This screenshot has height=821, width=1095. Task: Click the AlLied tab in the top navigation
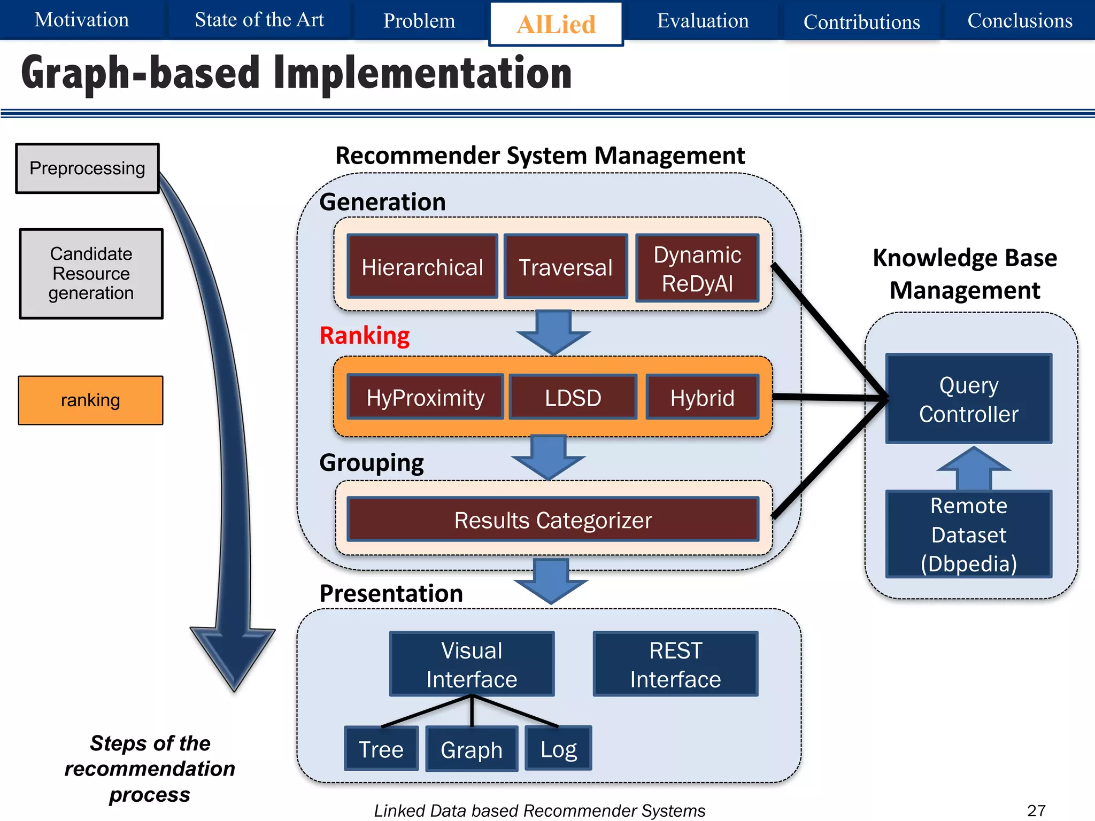pyautogui.click(x=556, y=24)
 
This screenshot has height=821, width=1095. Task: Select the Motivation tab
pyautogui.click(x=81, y=20)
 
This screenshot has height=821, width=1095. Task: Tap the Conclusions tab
pyautogui.click(x=1020, y=20)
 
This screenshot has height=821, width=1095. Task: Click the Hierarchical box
pyautogui.click(x=422, y=267)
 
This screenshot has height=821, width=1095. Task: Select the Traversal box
pyautogui.click(x=566, y=267)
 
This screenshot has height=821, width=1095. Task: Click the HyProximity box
pyautogui.click(x=426, y=398)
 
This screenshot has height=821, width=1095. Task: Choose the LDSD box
pyautogui.click(x=573, y=398)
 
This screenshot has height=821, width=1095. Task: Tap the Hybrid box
pyautogui.click(x=702, y=398)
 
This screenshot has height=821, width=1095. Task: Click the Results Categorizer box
pyautogui.click(x=553, y=520)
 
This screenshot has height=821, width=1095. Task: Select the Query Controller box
pyautogui.click(x=968, y=399)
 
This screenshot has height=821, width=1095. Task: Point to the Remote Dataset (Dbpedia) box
pyautogui.click(x=968, y=534)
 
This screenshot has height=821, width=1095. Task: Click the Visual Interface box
pyautogui.click(x=472, y=664)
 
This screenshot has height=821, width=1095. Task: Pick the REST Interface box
pyautogui.click(x=675, y=664)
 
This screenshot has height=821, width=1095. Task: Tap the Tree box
pyautogui.click(x=381, y=749)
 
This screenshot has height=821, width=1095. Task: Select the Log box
pyautogui.click(x=558, y=749)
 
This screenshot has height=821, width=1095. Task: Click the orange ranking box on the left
pyautogui.click(x=90, y=400)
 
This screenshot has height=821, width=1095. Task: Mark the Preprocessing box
pyautogui.click(x=87, y=168)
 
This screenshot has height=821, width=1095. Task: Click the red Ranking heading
pyautogui.click(x=365, y=336)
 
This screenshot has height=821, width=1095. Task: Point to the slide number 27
pyautogui.click(x=1036, y=810)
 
